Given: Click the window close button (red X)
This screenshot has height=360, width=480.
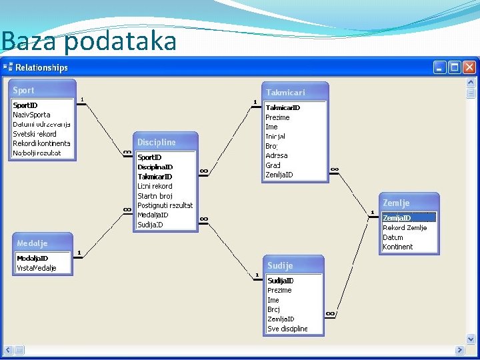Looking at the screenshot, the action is [470, 67].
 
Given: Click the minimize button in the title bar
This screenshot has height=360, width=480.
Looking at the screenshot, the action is [440, 67].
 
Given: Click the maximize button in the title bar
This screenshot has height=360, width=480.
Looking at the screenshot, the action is [455, 67].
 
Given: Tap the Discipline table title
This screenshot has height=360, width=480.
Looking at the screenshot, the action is [166, 142].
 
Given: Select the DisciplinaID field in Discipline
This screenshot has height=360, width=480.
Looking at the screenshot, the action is [155, 167].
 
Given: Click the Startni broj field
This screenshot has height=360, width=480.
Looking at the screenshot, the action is [155, 196].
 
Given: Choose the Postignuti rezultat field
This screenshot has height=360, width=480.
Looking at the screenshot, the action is [165, 205].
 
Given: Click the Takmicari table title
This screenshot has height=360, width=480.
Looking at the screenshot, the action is [294, 92].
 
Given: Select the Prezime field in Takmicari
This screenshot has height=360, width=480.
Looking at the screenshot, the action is [278, 117].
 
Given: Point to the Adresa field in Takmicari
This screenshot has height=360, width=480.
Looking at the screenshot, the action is [277, 155].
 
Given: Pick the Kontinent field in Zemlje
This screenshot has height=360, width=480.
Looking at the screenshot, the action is [398, 247].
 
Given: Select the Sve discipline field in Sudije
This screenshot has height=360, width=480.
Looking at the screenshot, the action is [288, 329].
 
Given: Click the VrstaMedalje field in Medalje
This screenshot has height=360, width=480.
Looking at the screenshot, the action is [37, 268].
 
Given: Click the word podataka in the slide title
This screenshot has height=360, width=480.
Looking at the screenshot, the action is [121, 41].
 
